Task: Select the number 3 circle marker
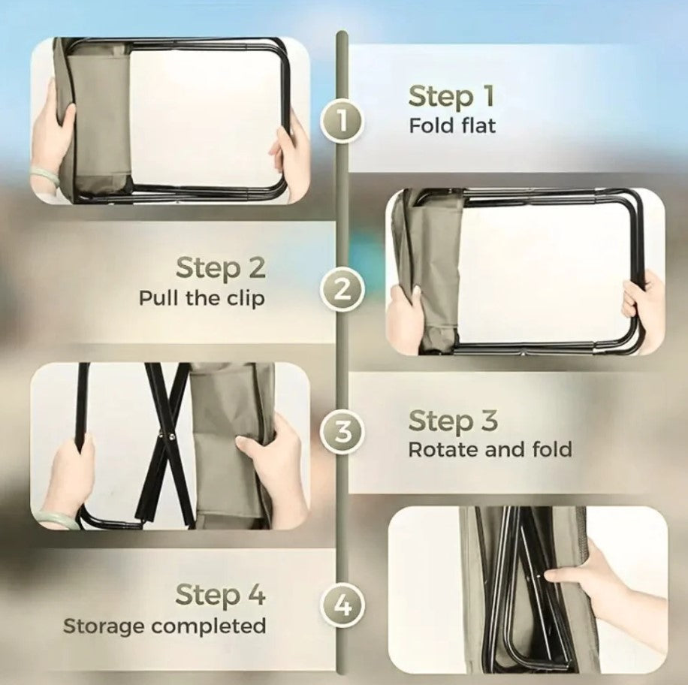(x=342, y=433)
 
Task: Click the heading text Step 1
(x=451, y=97)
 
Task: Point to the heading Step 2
(x=221, y=268)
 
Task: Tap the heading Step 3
(x=453, y=421)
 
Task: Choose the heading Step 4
(x=220, y=595)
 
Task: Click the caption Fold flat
(x=452, y=125)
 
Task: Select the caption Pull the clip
(x=201, y=298)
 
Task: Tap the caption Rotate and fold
(x=490, y=450)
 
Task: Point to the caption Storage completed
(x=164, y=625)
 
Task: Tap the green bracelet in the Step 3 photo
(x=54, y=519)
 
